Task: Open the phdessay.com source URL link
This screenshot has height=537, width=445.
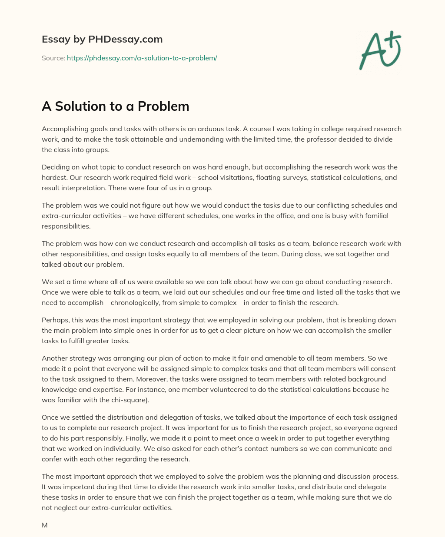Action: tap(142, 58)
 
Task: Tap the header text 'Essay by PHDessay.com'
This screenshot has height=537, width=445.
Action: tap(102, 39)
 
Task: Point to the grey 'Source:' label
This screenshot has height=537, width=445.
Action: tap(53, 58)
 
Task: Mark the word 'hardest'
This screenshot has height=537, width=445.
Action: tap(55, 178)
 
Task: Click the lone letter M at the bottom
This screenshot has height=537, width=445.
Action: tap(44, 525)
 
